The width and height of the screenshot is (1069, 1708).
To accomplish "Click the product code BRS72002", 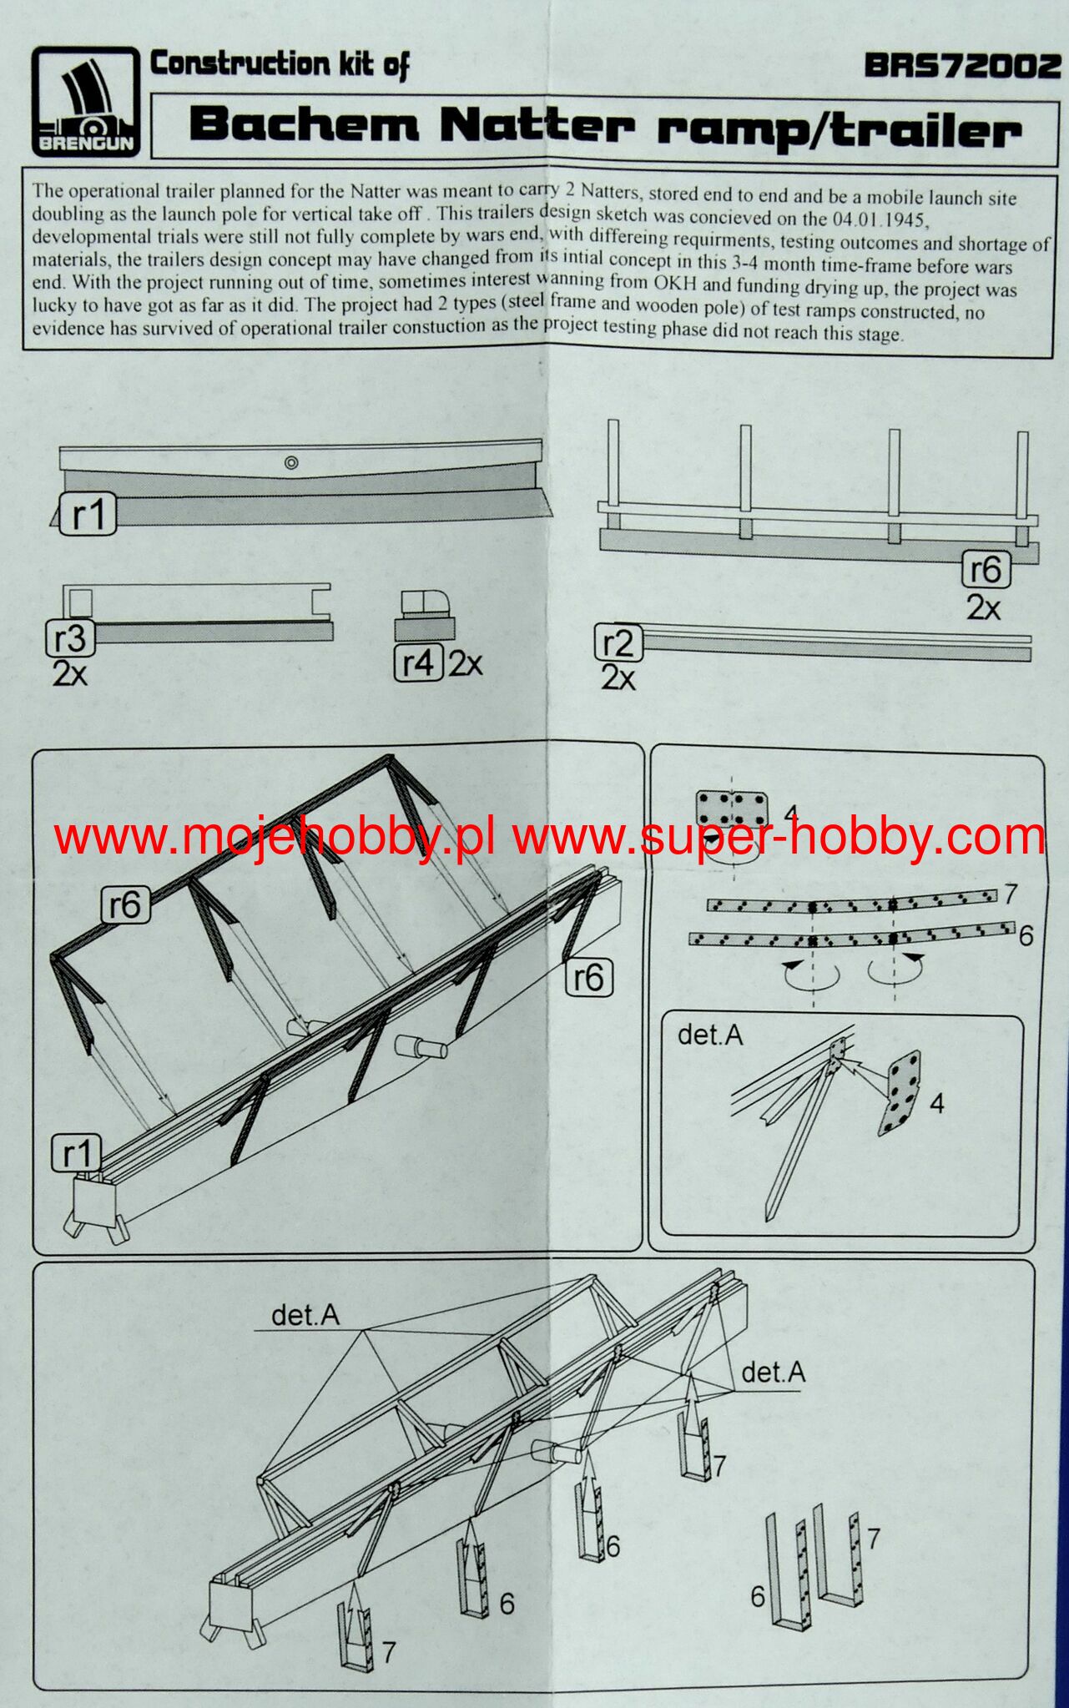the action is click(x=961, y=66).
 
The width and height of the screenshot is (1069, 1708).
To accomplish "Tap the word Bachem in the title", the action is click(x=304, y=125).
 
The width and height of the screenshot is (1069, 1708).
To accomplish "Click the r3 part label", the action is click(x=69, y=638).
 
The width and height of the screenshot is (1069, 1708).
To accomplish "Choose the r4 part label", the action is click(x=418, y=663).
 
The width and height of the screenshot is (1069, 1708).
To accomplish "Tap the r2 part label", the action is click(x=618, y=644).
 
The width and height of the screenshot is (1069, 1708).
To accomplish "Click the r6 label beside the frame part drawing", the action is click(x=986, y=570).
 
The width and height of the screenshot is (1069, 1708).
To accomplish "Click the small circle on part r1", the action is click(x=290, y=462).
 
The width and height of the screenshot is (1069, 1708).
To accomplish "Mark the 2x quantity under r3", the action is click(x=69, y=673).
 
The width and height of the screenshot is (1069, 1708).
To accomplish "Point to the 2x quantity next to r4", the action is click(x=465, y=663).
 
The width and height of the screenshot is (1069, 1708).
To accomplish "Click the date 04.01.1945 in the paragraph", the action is click(x=880, y=221).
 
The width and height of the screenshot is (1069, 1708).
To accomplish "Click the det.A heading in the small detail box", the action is click(x=710, y=1035).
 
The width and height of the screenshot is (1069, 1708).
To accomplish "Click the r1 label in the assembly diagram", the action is click(x=76, y=1153).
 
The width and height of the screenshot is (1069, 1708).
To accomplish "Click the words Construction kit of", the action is click(x=279, y=65).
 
